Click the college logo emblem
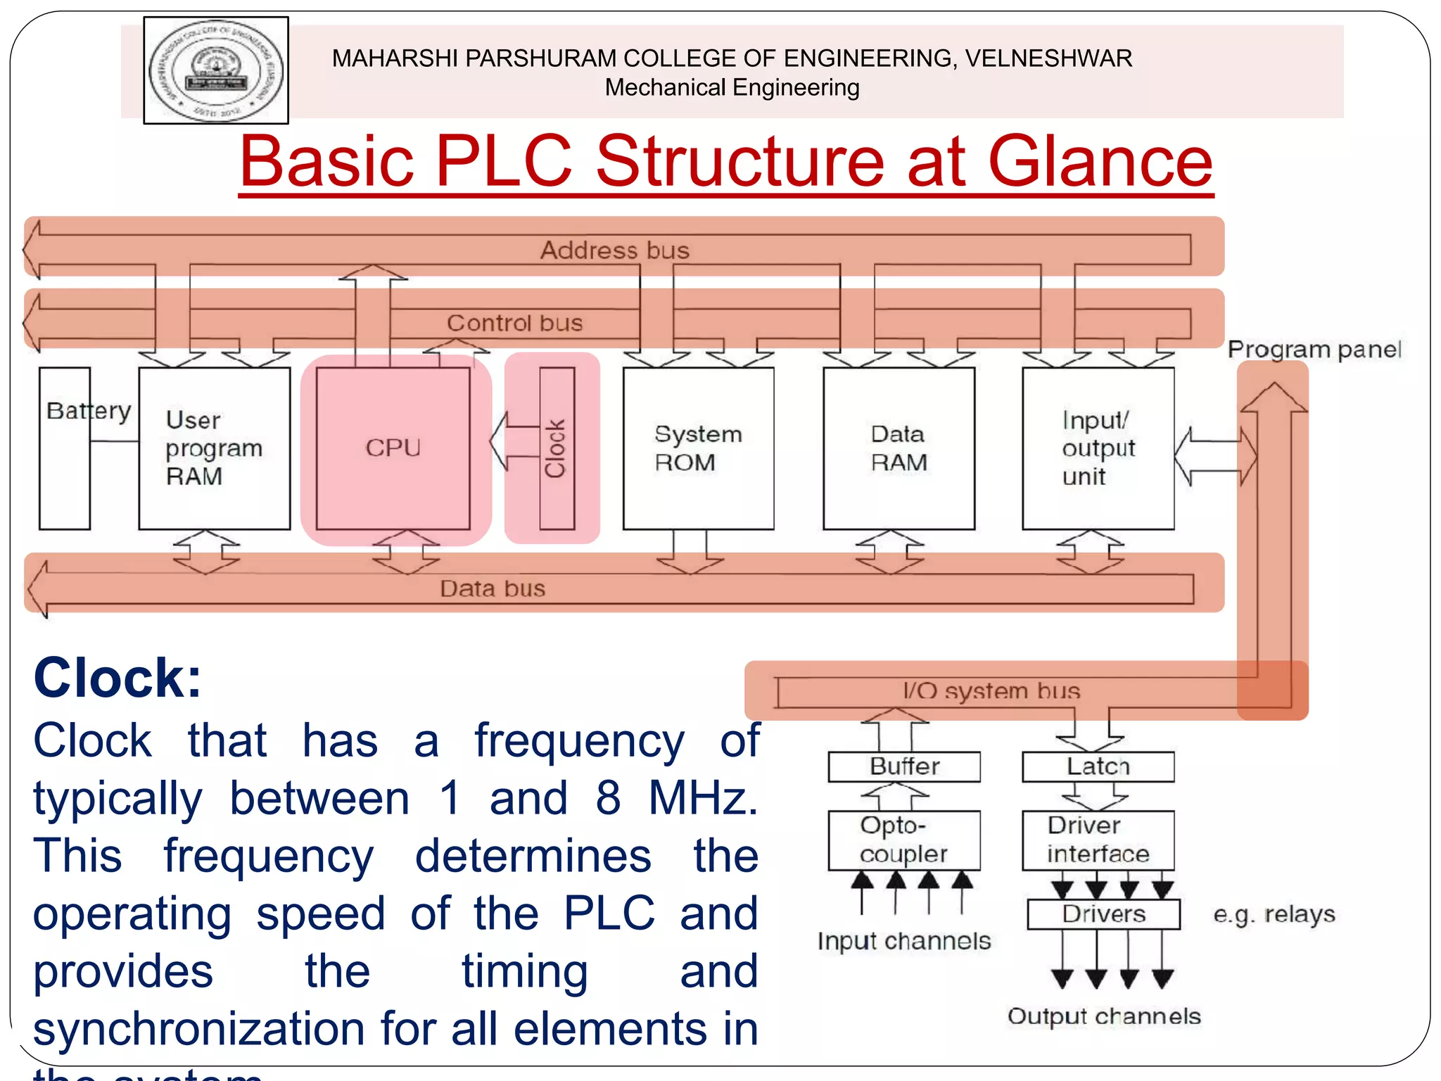coord(216,70)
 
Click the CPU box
coord(393,448)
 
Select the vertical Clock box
coord(557,448)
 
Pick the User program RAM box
coord(215,448)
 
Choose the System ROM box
coord(698,448)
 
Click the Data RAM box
coord(899,448)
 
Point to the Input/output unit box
coord(1098,448)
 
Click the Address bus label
coord(614,251)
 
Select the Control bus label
coord(514,323)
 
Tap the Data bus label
coord(493,588)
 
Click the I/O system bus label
coord(991,691)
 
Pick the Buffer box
coord(904,766)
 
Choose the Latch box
coord(1098,766)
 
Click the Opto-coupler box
coord(904,840)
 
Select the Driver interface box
coord(1098,840)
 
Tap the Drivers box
coord(1103,914)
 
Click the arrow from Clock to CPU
coord(514,442)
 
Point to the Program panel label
coord(1314,350)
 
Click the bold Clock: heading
coord(118,678)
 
